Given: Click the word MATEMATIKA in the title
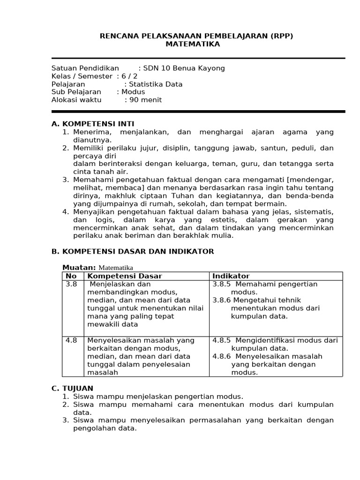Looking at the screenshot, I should point(193,44).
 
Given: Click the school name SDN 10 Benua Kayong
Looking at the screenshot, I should point(184,68).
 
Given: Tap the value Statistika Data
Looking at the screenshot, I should point(156,84).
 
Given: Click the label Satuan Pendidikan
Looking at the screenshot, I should point(85,68).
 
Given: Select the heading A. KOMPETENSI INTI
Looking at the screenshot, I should point(93,124).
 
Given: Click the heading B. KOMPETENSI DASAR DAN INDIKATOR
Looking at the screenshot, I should point(132,251).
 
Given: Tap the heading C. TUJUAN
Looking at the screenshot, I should point(72,388).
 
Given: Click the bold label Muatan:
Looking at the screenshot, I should point(79,267).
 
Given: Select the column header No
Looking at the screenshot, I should point(71,276).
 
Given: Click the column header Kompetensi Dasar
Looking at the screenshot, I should point(121,276).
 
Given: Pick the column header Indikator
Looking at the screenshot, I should point(231,276).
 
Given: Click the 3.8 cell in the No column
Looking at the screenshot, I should point(71,284).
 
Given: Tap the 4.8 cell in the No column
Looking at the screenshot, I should point(71,340).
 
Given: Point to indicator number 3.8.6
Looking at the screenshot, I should point(221,300).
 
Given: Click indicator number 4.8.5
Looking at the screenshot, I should point(221,340).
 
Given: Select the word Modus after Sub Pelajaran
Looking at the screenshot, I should point(133,92).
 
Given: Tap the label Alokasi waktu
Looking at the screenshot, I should point(77,100).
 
